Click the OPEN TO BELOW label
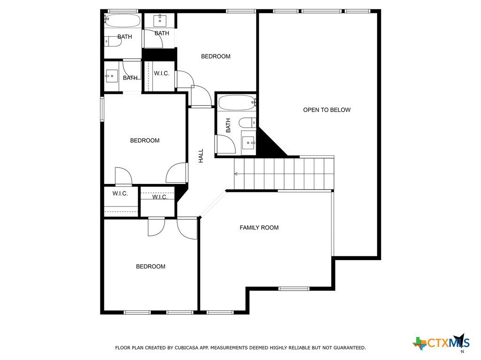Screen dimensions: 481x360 [x=327, y=110]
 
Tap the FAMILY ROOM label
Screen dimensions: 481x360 [x=259, y=228]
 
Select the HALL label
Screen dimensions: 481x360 [x=201, y=156]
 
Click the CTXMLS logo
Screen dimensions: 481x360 [x=441, y=342]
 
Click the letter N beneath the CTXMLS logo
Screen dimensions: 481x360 [x=462, y=352]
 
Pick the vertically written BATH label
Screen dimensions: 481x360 [x=228, y=125]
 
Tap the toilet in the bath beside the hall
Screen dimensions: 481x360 [x=247, y=123]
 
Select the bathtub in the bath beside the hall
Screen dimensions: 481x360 [x=237, y=103]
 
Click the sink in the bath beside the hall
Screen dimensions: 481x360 [x=248, y=143]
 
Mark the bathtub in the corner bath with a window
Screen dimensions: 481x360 [x=123, y=21]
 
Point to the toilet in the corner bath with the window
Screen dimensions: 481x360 [x=113, y=41]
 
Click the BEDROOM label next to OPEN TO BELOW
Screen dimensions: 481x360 [x=216, y=56]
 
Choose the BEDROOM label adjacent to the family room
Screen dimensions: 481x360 [x=151, y=267]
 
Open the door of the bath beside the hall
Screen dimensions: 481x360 [x=225, y=144]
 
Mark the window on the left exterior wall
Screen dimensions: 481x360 [x=102, y=109]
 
